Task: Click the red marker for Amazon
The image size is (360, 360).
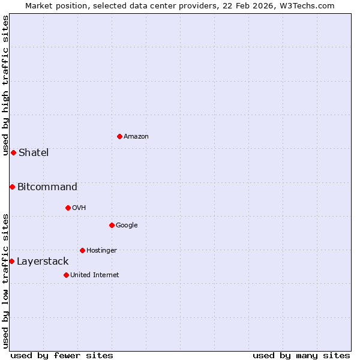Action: (x=119, y=136)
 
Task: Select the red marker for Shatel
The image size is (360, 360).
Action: (x=13, y=152)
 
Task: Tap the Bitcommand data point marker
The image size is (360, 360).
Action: (x=12, y=187)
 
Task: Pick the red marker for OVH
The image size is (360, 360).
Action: (x=68, y=208)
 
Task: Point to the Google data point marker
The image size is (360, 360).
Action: (x=112, y=225)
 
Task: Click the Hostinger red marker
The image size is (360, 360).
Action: (x=82, y=250)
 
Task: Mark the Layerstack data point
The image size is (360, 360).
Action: (x=11, y=261)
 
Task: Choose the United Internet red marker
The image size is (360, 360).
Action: (x=66, y=275)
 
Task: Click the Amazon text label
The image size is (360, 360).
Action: (x=136, y=137)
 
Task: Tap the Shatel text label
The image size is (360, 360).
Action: (x=34, y=152)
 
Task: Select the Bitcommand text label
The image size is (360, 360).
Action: (x=47, y=187)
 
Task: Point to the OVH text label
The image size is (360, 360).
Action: (x=79, y=208)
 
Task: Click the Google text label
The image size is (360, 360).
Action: (x=127, y=226)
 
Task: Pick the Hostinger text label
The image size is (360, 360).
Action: (x=101, y=250)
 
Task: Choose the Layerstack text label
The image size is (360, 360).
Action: (x=43, y=261)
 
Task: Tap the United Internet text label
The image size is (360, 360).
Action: (x=95, y=275)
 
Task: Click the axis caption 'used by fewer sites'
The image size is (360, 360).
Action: (x=62, y=355)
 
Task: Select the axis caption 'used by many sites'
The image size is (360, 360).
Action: (x=301, y=355)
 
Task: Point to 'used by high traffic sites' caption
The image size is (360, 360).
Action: (x=5, y=85)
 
